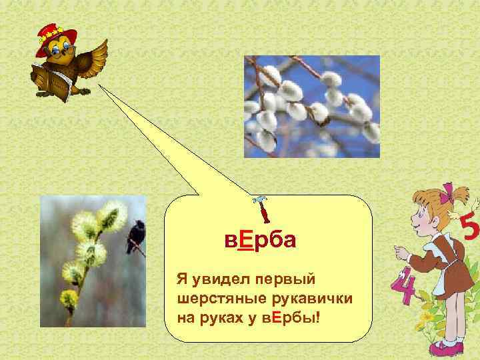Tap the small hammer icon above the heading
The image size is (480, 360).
[261, 209]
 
